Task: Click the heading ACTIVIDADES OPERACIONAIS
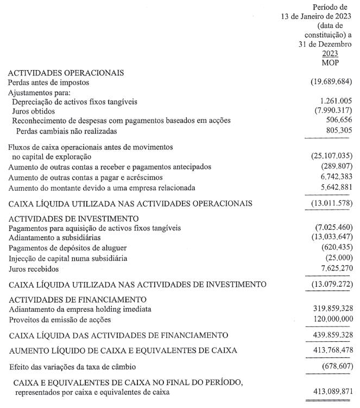click(x=66, y=73)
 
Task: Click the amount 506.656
click(x=337, y=121)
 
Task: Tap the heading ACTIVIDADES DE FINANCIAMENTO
click(x=77, y=299)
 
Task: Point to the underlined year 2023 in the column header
click(x=330, y=54)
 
